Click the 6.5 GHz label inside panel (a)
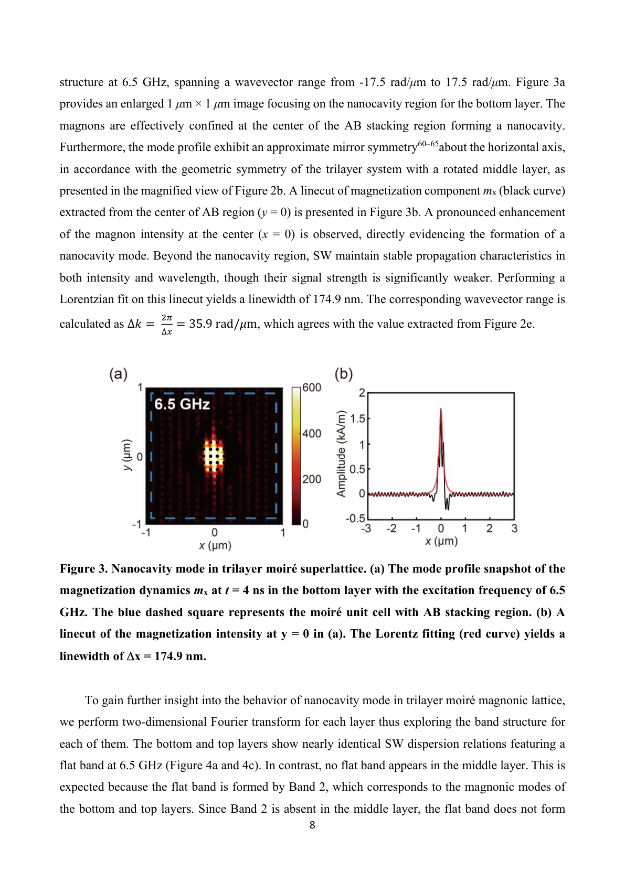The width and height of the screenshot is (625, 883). (x=182, y=404)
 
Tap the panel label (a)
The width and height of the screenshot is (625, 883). (x=118, y=374)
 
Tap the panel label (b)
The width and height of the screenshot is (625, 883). (x=344, y=374)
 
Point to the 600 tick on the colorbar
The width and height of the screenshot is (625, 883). (x=312, y=387)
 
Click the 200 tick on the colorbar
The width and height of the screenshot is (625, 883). (x=312, y=479)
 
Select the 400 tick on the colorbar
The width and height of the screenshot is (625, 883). (x=312, y=434)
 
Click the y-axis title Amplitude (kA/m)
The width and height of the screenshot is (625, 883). (x=341, y=454)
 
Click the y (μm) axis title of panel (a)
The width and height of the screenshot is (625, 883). (x=126, y=455)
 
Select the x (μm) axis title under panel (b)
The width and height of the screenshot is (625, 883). (x=441, y=541)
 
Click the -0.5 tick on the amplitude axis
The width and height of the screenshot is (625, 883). (x=355, y=519)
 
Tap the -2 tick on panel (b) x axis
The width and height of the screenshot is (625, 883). (x=391, y=529)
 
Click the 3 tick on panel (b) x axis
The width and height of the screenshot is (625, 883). (x=514, y=529)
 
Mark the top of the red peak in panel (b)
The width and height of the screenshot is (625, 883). (x=441, y=410)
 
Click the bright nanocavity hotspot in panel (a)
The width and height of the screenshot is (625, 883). (x=214, y=454)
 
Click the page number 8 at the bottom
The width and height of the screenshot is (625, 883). (x=312, y=825)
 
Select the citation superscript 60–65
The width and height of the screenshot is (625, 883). (x=428, y=144)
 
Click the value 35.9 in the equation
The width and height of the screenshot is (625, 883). (x=200, y=324)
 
